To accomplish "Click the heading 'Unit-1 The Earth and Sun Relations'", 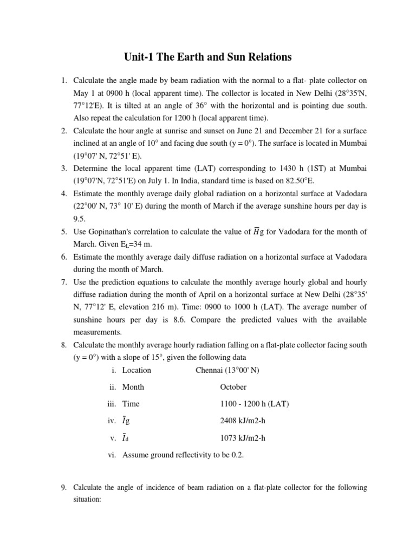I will point(208,57).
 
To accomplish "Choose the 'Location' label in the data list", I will point(136,370).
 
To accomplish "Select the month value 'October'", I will point(233,387).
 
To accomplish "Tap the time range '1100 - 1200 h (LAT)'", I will point(255,404).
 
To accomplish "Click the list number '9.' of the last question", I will point(63,488).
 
